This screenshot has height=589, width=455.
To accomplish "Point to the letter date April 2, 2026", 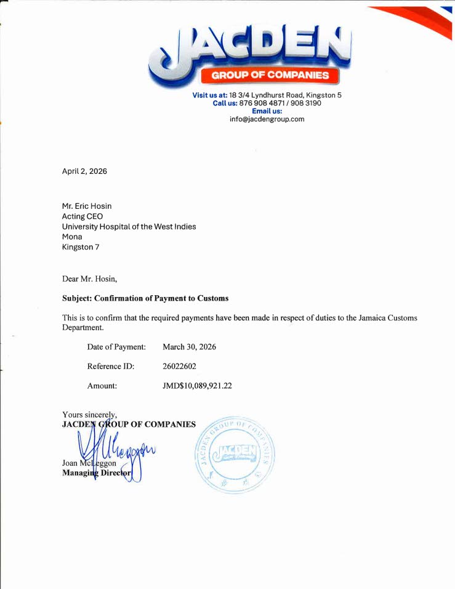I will click(84, 171).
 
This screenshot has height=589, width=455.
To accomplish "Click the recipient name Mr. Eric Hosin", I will click(87, 206).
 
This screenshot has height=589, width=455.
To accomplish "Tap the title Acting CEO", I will click(82, 216).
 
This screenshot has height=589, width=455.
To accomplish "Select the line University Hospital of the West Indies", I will click(129, 227).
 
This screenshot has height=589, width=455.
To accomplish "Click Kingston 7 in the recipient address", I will click(81, 247).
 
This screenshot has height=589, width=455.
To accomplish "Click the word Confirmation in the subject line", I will click(120, 298).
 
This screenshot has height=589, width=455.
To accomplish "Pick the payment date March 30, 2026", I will click(189, 347).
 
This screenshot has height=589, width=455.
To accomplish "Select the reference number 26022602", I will click(179, 366).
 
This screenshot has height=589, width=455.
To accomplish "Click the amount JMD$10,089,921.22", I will click(197, 386).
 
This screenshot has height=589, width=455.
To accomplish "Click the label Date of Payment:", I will click(116, 347).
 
